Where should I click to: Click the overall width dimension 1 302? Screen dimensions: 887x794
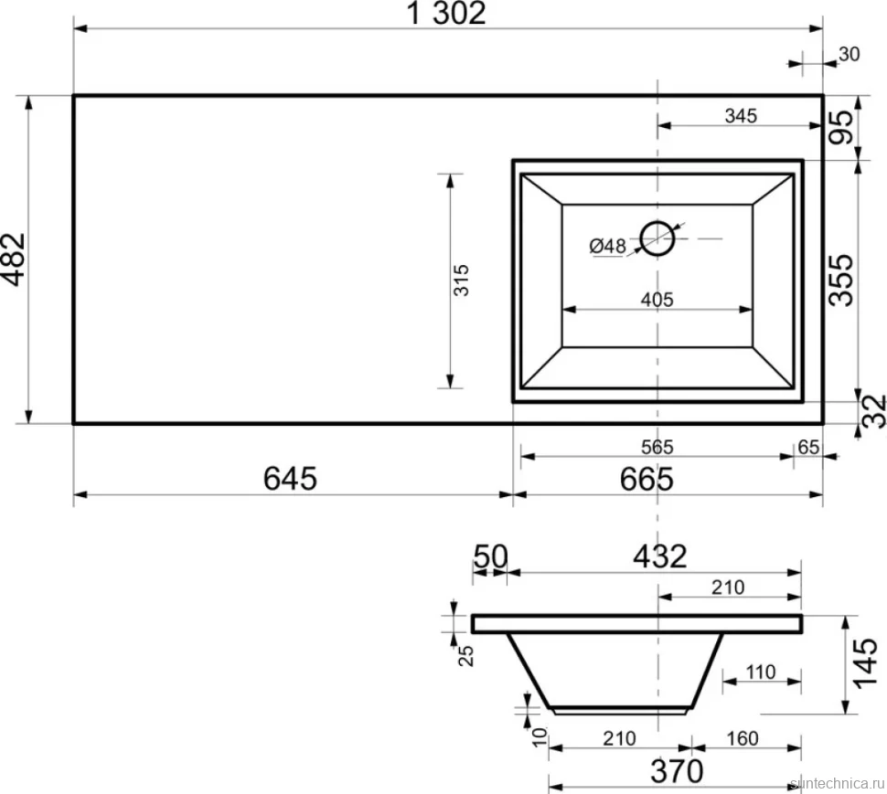point(446,13)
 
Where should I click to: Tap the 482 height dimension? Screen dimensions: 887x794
point(14,259)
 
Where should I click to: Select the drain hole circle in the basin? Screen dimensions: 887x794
point(657,238)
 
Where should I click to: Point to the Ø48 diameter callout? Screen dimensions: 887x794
point(607,247)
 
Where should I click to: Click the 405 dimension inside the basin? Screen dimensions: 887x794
point(657,299)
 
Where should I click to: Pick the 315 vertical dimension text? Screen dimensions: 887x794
point(462,280)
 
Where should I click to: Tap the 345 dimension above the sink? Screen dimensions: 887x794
point(741,116)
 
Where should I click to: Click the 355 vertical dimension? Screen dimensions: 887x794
point(841,281)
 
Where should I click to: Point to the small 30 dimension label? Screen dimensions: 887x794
point(850,54)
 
